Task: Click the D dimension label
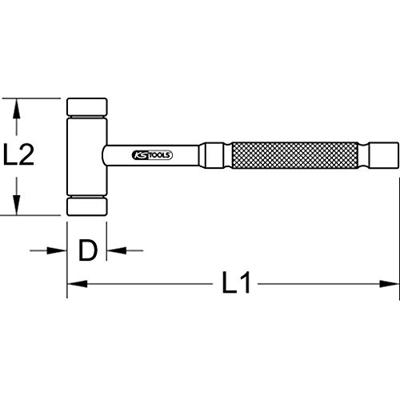pos(87,250)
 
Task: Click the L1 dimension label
pos(236,283)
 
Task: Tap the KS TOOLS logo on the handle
pos(153,155)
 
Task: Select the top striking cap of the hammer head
pos(87,106)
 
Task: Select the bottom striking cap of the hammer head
pos(87,206)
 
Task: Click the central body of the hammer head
pos(87,156)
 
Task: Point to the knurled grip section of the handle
pos(295,156)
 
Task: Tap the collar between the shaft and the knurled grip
pos(214,156)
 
